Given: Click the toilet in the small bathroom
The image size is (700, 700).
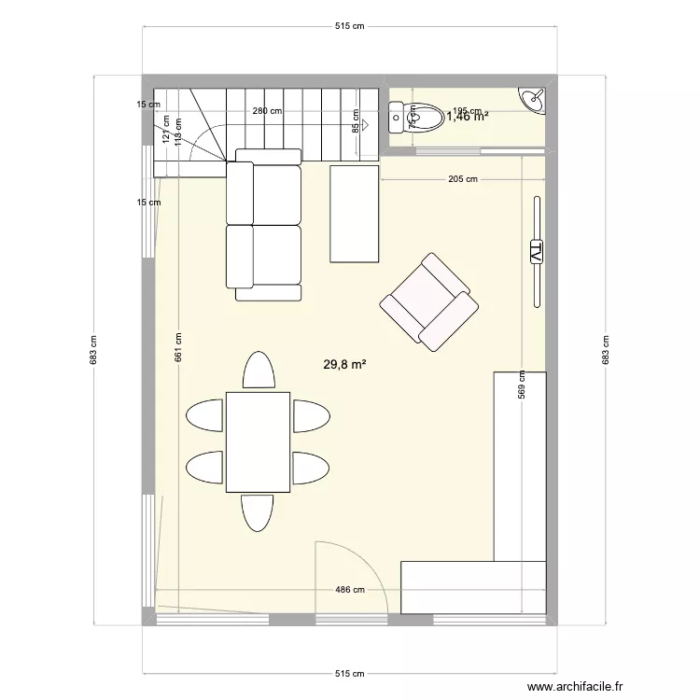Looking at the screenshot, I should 418,118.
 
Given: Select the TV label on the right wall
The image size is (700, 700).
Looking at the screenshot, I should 536,252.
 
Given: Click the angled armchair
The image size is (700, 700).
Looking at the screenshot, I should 428,302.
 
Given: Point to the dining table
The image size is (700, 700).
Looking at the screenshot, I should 258,441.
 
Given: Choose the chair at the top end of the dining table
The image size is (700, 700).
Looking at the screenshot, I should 259,370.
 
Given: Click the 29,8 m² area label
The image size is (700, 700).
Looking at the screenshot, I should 344,365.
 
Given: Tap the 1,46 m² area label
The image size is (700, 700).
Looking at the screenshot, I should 468,117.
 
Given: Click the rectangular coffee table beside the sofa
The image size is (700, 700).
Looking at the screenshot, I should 355,214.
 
